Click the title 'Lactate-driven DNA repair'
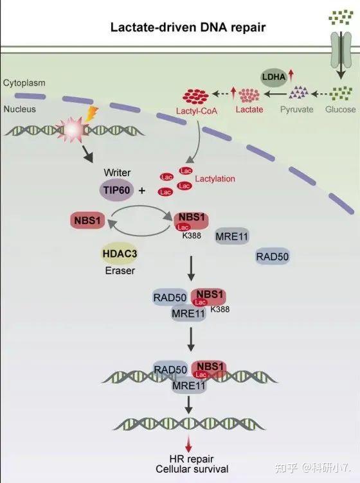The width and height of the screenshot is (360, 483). coord(188,28)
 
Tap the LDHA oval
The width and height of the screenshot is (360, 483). coord(274,76)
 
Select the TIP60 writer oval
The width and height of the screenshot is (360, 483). coord(116,189)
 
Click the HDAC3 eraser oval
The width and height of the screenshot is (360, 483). coord(120,254)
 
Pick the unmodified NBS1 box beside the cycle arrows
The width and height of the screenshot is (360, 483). coord(87,220)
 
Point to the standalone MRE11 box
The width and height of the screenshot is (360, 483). coord(232,236)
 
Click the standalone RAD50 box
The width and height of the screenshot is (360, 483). coord(273,257)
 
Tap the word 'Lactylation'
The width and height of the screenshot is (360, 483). coord(215,179)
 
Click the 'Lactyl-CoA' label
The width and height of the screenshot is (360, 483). coord(197,110)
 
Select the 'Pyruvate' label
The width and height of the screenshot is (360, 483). coord(296,109)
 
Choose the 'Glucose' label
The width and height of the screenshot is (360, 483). coord(340,109)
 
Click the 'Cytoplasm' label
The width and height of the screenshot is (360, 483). coord(24,83)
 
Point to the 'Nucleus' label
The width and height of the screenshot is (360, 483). coord(20,109)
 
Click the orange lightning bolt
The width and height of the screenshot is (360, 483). coord(91,114)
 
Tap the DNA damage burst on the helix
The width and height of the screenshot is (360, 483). coord(71,130)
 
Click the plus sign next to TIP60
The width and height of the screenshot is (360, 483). coord(142,191)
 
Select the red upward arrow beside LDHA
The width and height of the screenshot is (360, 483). coord(291,76)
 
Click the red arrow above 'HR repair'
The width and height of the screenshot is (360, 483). coord(188,444)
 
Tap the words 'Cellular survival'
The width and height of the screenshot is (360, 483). coord(192,469)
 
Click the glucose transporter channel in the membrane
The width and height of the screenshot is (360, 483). coord(341,50)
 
